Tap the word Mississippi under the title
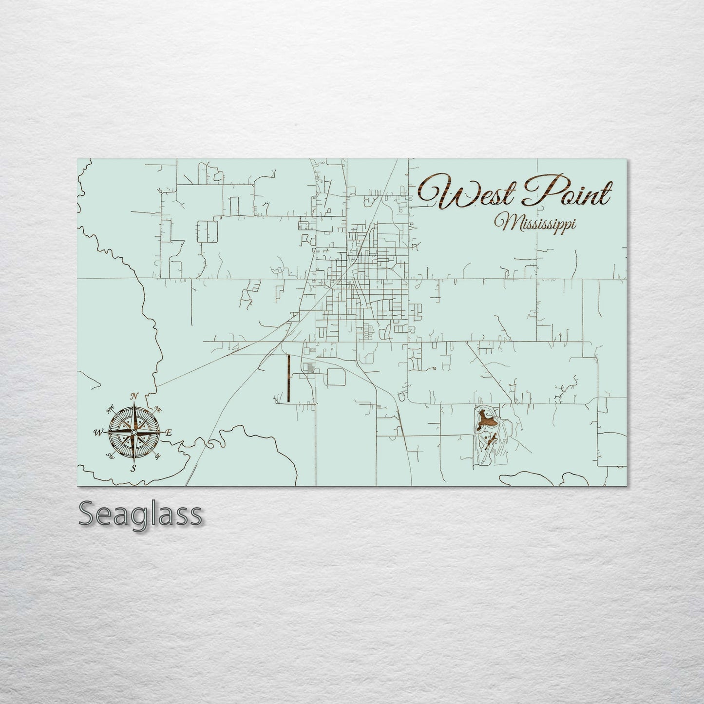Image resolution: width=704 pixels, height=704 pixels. (x=534, y=224)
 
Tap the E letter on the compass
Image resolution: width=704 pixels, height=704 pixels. (x=169, y=432)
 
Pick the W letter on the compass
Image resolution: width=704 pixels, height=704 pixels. (x=98, y=432)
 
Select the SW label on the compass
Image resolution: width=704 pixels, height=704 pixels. (x=110, y=456)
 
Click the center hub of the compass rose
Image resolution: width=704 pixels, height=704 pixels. (x=134, y=432)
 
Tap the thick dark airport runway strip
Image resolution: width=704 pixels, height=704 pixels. (x=288, y=378)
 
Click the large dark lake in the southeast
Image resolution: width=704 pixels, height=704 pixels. (x=485, y=418)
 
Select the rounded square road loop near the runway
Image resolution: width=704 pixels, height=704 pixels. (x=336, y=377)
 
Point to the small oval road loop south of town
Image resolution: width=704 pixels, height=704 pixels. (x=401, y=397)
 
